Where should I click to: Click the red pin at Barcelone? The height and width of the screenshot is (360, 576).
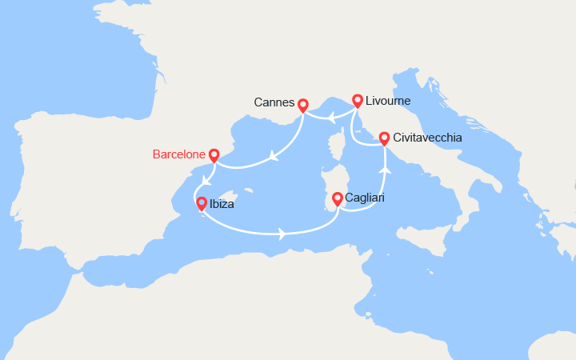(214, 154)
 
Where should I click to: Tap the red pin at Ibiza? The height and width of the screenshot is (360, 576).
(202, 203)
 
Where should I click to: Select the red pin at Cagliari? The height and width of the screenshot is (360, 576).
(338, 197)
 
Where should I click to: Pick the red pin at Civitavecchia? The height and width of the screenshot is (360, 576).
(384, 138)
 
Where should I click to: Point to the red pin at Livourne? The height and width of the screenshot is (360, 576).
(357, 101)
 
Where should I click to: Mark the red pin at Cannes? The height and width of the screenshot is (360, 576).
(302, 104)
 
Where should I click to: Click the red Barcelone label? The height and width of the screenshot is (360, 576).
(178, 154)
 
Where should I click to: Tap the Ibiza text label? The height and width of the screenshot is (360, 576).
(222, 204)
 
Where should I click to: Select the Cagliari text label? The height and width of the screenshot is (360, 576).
(365, 198)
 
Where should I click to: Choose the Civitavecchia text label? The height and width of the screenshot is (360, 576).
(428, 138)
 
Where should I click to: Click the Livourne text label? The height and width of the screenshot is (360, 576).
(388, 102)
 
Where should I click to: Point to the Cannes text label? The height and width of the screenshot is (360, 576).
(274, 103)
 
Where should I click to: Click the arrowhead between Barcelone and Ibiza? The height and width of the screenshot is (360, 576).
(206, 179)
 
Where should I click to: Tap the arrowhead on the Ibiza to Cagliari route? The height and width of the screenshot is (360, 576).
(282, 234)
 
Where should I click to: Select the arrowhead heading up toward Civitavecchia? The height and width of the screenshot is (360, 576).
(385, 170)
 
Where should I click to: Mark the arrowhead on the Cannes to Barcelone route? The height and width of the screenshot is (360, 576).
(274, 157)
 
